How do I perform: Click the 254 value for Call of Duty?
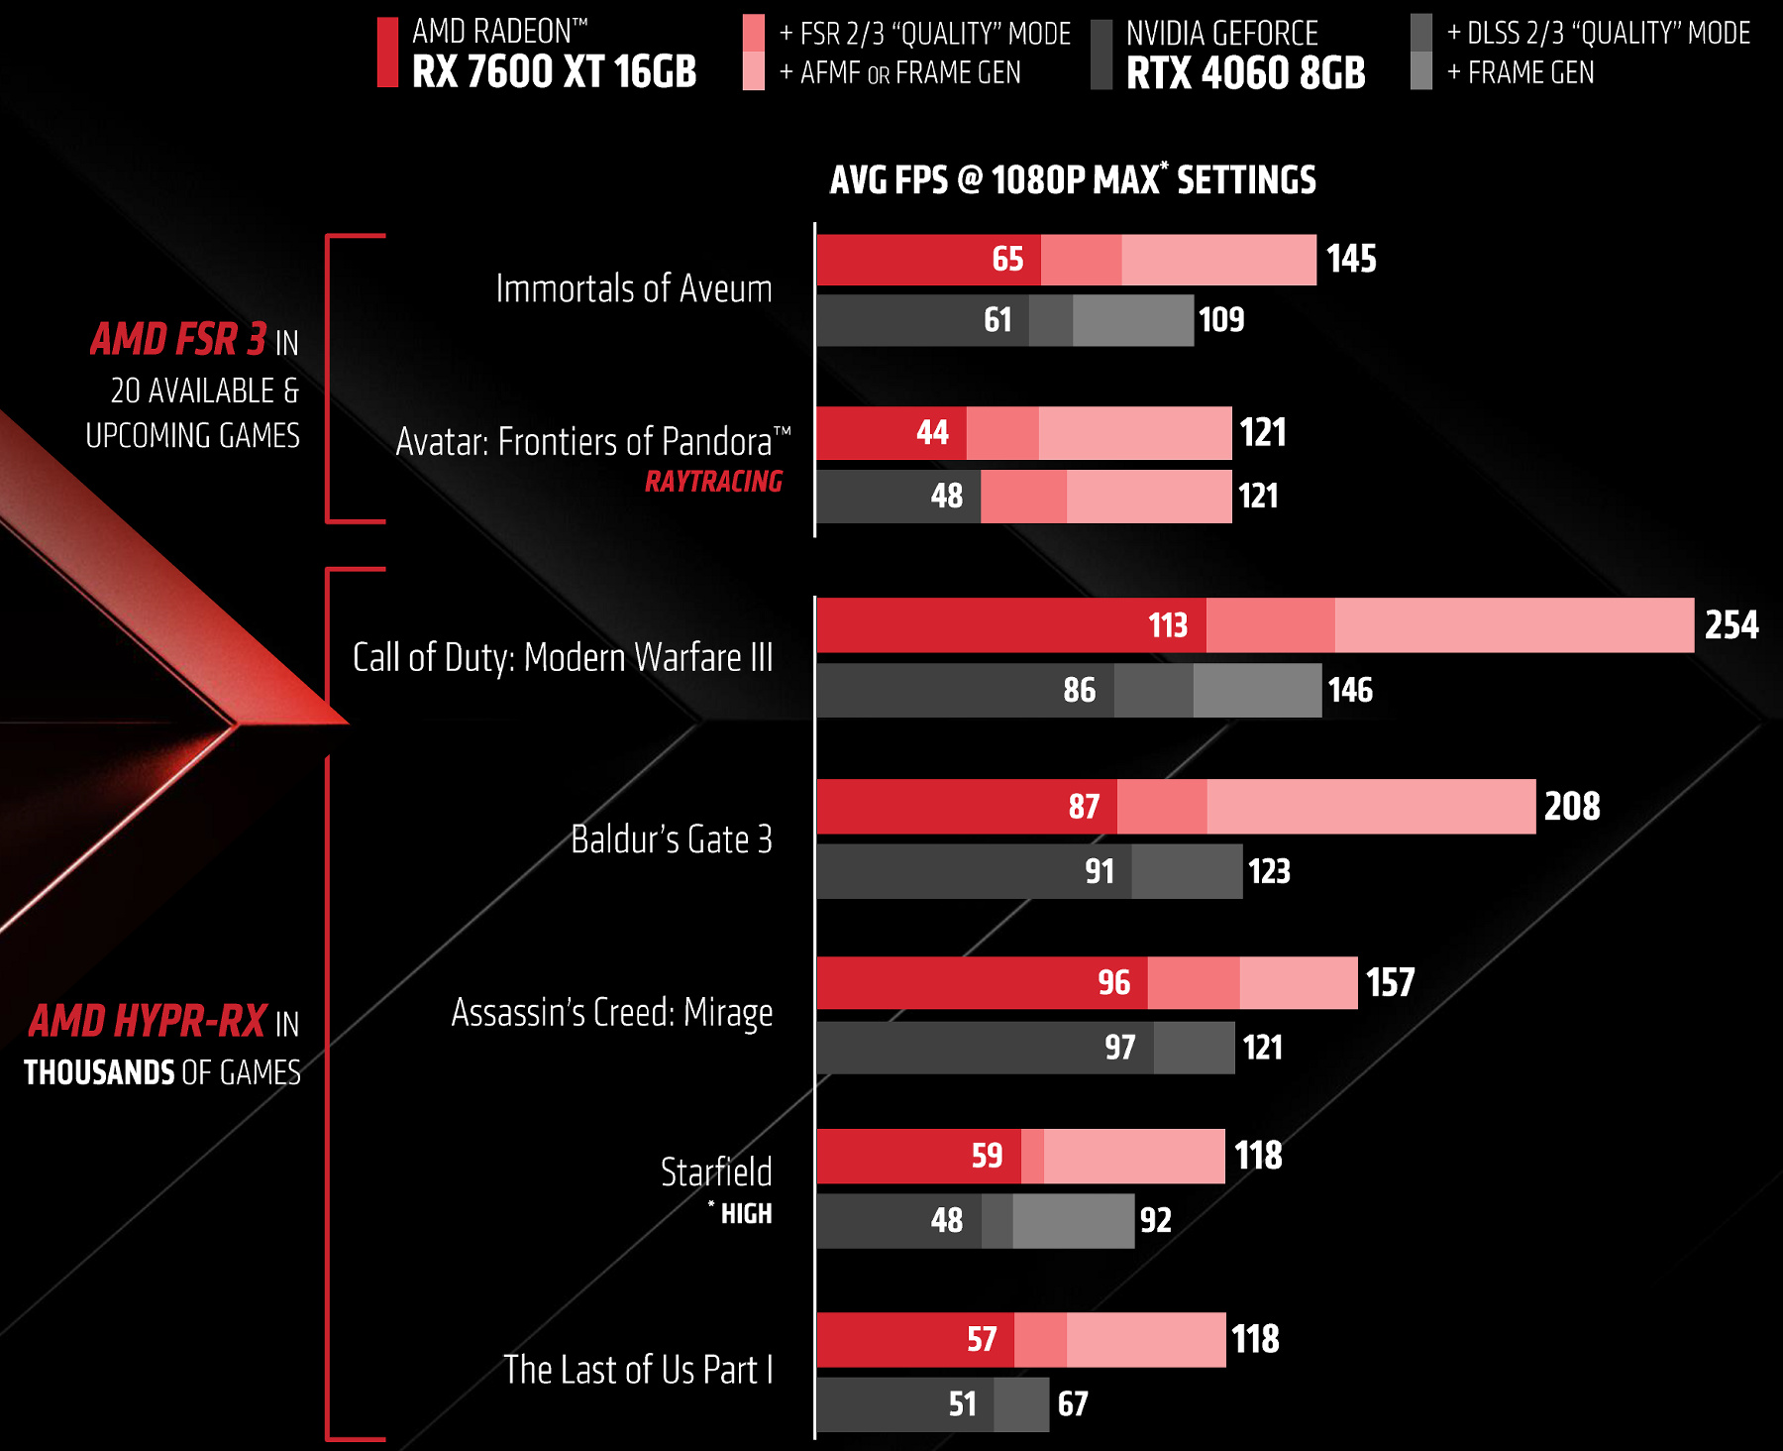1731,625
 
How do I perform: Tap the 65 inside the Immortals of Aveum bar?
1007,260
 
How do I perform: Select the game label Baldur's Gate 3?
671,839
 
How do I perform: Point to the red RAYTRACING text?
713,482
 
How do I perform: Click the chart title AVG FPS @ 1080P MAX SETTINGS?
1073,180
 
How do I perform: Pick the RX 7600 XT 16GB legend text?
554,72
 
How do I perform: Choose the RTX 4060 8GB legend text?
1245,73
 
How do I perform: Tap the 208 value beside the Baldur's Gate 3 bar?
1572,807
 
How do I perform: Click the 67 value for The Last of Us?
1073,1404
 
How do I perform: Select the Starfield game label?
715,1172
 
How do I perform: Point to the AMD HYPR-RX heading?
148,1022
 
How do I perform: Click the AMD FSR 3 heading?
178,340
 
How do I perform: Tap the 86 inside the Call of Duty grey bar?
1079,691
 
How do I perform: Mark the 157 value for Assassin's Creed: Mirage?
1390,983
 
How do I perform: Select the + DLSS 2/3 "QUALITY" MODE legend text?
1598,34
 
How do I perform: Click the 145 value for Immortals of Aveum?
1351,260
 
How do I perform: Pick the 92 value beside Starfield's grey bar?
1156,1220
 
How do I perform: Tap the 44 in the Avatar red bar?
932,433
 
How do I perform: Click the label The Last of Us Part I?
637,1370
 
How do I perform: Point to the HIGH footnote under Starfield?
745,1214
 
